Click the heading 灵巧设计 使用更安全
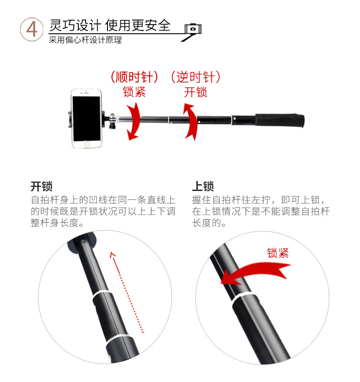point(110,26)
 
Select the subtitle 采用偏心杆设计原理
point(86,40)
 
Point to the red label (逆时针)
point(195,77)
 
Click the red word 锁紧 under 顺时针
point(134,92)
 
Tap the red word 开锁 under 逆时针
point(195,92)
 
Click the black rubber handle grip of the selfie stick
point(279,121)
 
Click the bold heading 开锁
point(41,186)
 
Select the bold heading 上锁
point(203,186)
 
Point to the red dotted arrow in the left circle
point(128,292)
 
